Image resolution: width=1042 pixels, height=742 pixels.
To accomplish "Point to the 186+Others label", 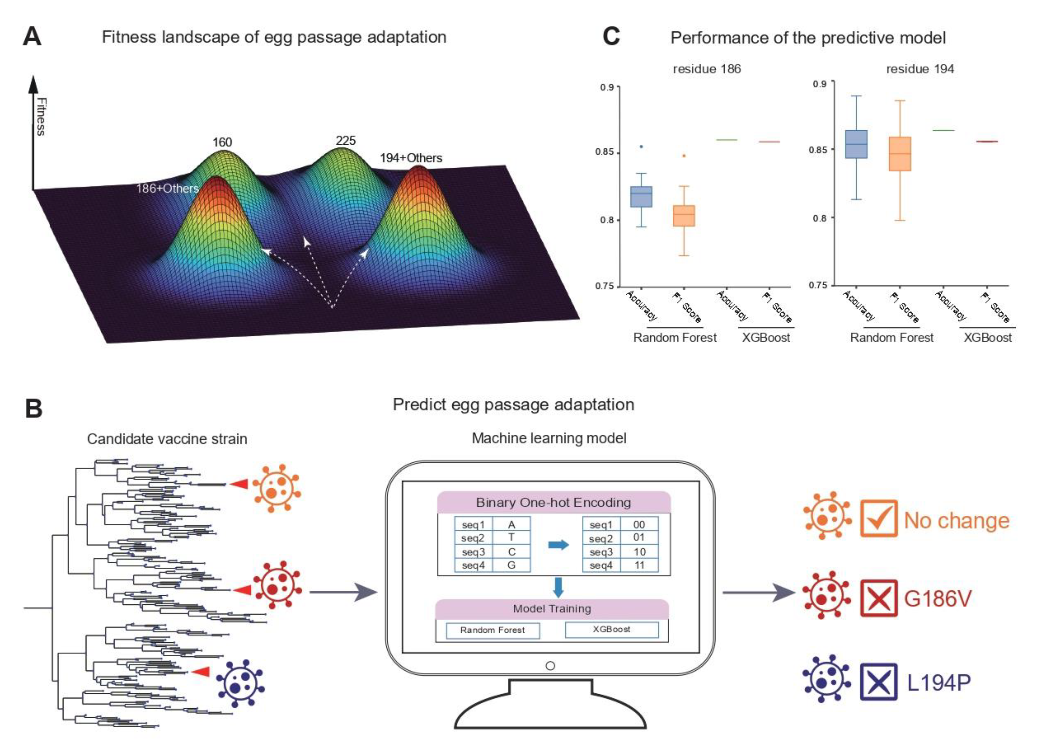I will click(x=167, y=188).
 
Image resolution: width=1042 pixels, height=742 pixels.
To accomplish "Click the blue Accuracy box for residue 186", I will click(x=641, y=196).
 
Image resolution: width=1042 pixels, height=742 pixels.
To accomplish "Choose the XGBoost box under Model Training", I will click(x=612, y=630).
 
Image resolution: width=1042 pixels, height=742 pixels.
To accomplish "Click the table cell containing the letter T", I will click(x=511, y=538).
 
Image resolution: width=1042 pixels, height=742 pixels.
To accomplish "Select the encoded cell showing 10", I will click(x=639, y=552).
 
